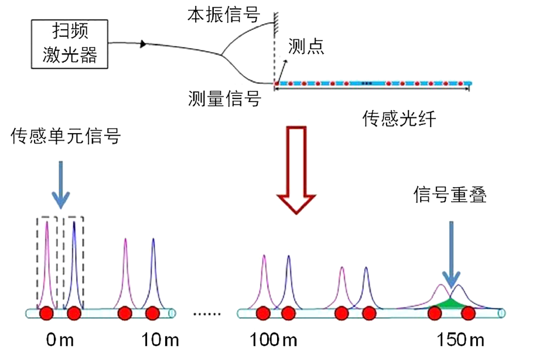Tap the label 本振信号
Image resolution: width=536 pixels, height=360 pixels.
pos(223,15)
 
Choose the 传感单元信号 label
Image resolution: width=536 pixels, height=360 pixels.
pos(66,137)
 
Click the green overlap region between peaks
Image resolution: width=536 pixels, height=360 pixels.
pos(450,302)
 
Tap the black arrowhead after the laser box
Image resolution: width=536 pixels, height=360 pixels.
pos(142,44)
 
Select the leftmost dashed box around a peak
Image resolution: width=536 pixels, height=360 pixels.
pos(47,262)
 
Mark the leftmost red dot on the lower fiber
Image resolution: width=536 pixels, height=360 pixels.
pos(46,314)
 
